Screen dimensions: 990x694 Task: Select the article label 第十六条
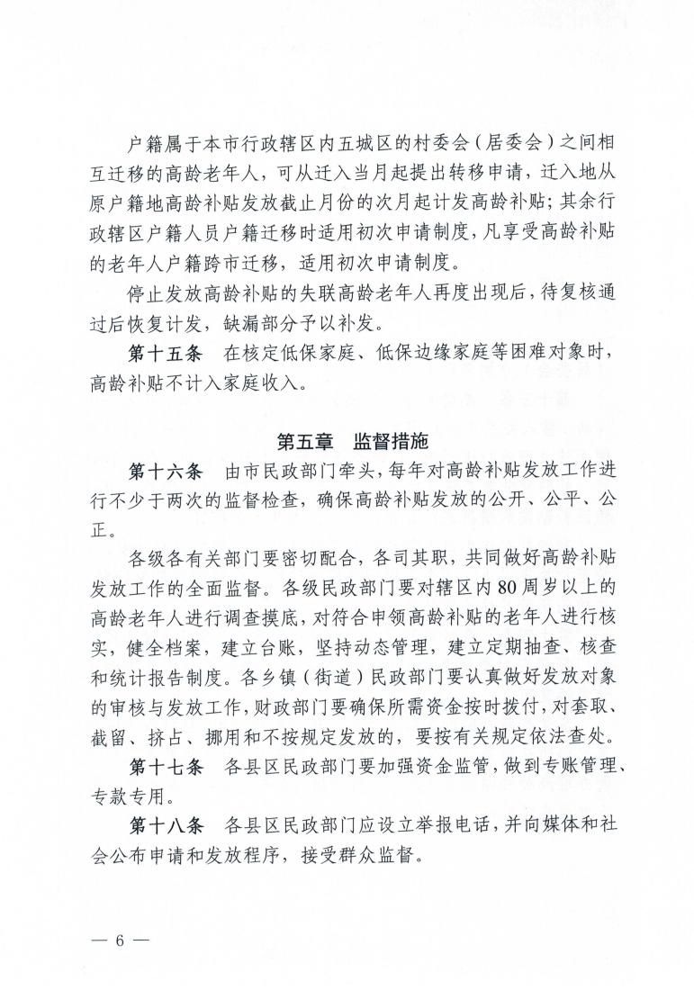[167, 471]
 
